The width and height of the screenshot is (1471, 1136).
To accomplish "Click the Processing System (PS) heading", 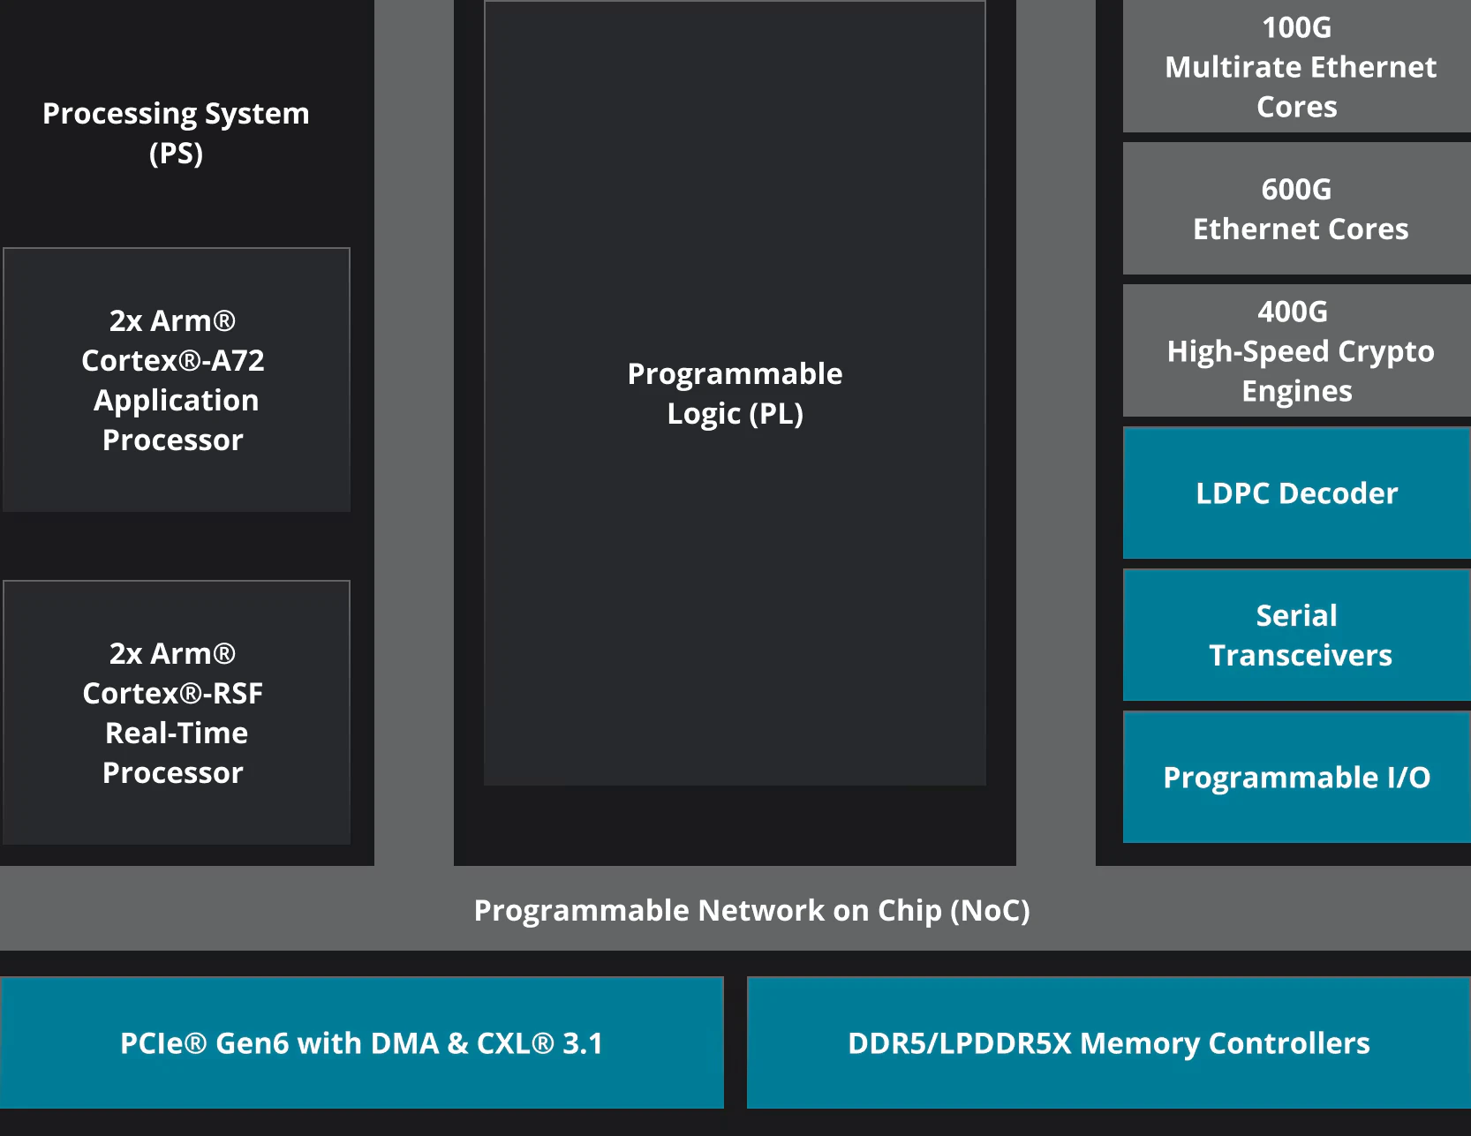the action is (176, 132).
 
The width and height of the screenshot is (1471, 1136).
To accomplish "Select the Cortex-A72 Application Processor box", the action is (177, 380).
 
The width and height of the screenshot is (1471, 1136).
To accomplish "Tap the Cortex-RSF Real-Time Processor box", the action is (177, 712).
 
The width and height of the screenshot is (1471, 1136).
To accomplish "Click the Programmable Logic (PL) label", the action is (735, 393).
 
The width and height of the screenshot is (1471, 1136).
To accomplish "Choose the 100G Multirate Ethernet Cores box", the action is (1297, 66).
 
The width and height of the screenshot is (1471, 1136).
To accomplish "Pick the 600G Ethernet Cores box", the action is (1297, 208).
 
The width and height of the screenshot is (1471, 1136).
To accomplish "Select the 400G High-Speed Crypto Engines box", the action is (1297, 350).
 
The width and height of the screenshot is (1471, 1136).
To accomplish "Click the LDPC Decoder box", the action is (1297, 493).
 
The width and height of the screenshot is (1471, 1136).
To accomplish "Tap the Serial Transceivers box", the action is (1297, 635).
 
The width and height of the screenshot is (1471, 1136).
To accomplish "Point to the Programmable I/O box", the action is (1297, 777).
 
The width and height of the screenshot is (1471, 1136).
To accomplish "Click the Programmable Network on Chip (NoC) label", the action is (752, 910).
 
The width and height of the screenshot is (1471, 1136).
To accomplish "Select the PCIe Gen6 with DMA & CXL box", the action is (362, 1042).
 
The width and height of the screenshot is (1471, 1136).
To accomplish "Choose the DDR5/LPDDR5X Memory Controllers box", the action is (1109, 1042).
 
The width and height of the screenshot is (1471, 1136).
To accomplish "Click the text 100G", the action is (1296, 27).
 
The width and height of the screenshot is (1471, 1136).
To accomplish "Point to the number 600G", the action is (1296, 189).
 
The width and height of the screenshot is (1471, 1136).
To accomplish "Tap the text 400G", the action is (1293, 312).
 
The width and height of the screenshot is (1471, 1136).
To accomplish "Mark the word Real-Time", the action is (177, 733).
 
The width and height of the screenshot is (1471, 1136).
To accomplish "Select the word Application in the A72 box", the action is (177, 401).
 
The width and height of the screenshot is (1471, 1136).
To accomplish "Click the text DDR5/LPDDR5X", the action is (959, 1043).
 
